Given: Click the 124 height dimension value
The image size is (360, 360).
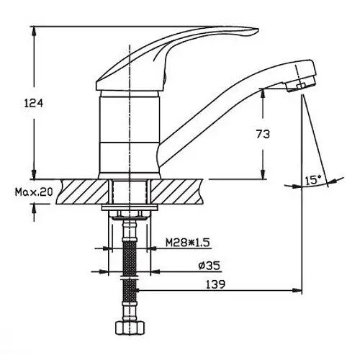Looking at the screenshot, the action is [34, 104].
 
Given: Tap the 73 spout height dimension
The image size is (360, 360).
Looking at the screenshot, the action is [263, 134].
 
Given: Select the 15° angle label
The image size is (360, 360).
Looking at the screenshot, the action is [313, 179].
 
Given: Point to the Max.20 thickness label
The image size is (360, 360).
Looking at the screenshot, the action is [34, 192].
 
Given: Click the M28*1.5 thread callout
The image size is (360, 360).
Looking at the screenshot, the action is [188, 243].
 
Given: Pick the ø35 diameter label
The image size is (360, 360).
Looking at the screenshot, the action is [210, 266].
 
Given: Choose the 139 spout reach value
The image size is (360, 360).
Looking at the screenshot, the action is [216, 284].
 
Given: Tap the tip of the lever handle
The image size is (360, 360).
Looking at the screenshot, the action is [258, 30].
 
